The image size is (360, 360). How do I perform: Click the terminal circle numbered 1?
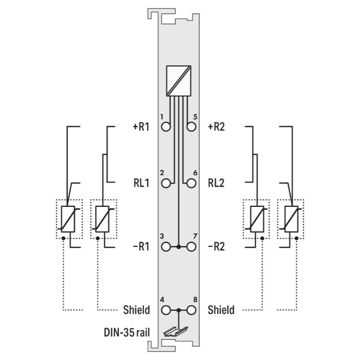166,127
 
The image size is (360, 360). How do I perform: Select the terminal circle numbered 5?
191,127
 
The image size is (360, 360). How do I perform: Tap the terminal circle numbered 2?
166,183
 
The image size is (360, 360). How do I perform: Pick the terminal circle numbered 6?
191,183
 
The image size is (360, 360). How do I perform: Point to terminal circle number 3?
166,247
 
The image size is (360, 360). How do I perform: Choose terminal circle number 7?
191,247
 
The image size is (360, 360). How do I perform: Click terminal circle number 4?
166,310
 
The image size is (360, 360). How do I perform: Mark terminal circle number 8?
191,310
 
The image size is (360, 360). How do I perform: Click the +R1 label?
141,127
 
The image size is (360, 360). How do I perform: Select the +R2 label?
216,127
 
